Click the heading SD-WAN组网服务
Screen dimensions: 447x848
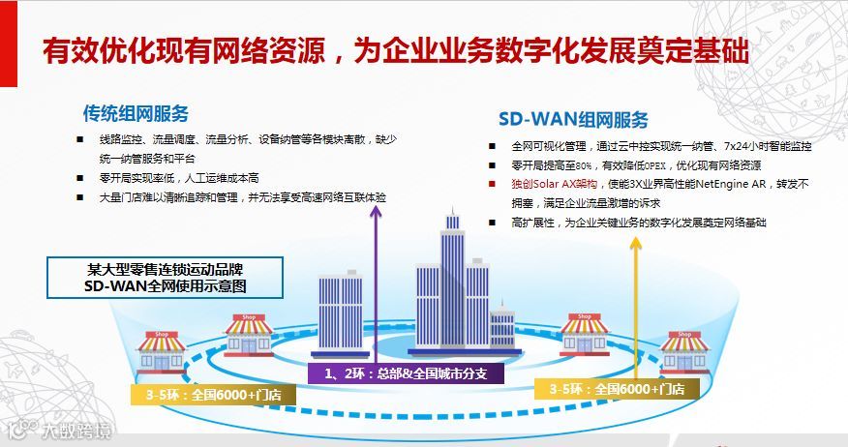pos(573,120)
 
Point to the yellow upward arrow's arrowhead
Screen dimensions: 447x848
pos(637,241)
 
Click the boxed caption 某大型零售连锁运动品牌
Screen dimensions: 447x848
pos(167,269)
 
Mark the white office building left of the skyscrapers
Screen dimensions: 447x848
pos(340,310)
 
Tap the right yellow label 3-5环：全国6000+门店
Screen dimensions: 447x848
pos(617,388)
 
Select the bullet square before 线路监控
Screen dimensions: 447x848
pos(79,139)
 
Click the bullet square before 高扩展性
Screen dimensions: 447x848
pos(493,223)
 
